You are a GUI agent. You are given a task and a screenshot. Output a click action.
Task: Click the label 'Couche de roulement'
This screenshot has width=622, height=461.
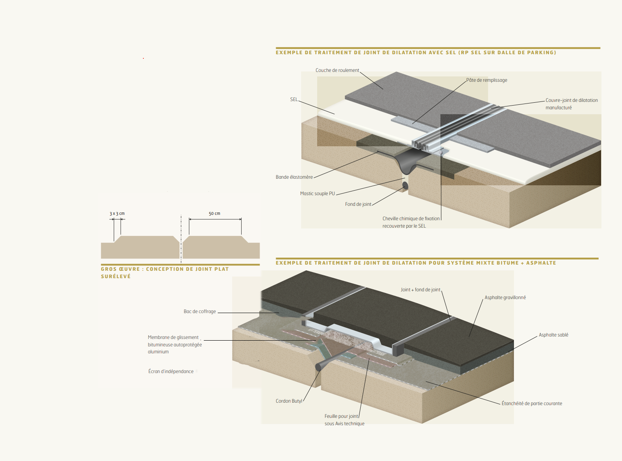click(337, 70)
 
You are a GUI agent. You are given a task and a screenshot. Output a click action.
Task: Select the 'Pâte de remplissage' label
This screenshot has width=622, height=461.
click(487, 80)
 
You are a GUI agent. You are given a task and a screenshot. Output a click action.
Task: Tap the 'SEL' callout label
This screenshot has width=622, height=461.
click(294, 99)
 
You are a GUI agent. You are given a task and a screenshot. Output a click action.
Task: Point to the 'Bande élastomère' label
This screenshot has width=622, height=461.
click(294, 177)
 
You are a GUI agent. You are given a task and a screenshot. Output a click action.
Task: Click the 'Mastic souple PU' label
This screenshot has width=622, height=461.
click(317, 194)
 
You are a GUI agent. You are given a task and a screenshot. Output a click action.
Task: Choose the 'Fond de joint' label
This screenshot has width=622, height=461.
click(358, 204)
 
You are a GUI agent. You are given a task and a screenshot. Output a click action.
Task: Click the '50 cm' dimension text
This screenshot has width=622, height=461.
click(214, 214)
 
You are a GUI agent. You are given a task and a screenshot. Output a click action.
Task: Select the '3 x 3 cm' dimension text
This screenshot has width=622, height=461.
click(117, 214)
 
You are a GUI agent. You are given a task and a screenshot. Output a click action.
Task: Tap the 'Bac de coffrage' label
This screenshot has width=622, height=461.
click(200, 311)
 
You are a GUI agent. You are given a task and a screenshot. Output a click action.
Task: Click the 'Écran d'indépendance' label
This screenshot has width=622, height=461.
click(171, 371)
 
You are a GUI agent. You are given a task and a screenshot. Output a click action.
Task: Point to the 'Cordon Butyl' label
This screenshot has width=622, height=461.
click(289, 401)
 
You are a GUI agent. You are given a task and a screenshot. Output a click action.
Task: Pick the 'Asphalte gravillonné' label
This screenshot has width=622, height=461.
click(505, 297)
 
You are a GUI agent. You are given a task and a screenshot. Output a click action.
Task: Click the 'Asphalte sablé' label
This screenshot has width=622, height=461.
click(553, 335)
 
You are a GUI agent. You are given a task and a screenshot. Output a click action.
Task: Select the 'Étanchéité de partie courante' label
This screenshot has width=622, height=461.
click(532, 403)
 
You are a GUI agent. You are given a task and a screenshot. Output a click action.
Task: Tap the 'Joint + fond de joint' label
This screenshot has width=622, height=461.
click(420, 290)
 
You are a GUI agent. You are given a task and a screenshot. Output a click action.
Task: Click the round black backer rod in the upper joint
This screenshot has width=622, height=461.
click(405, 185)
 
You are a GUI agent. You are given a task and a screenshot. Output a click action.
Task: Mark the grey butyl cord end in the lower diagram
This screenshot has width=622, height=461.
click(318, 366)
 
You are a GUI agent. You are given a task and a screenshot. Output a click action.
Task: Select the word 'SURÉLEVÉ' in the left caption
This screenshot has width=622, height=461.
click(116, 277)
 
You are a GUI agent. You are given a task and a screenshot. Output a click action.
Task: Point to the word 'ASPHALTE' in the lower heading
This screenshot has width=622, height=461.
click(541, 263)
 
